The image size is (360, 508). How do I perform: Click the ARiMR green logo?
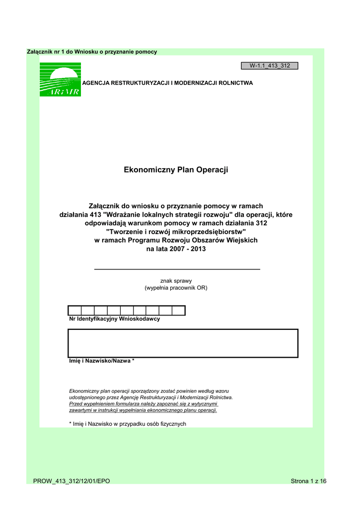coord(60,79)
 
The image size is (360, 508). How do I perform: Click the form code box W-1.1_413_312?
coord(270,65)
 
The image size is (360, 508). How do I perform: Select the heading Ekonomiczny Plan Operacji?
coord(176,170)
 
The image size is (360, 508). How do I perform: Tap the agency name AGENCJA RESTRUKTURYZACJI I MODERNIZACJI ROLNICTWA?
coord(167,83)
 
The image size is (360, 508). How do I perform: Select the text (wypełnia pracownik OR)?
coord(176,288)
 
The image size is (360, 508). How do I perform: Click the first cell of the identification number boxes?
coord(74,311)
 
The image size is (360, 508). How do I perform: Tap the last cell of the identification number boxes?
coord(179,311)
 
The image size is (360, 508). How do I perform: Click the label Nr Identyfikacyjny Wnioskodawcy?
coord(114,319)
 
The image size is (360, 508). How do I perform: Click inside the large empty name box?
coord(183,343)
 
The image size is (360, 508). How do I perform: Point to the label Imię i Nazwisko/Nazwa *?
coord(101,361)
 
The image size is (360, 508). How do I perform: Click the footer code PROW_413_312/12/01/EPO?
coord(72,481)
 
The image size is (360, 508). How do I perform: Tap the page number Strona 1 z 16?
coord(308,481)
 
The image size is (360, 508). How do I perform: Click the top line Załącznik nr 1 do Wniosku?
coord(91,52)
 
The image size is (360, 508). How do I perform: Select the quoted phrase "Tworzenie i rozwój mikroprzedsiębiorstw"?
coord(176,232)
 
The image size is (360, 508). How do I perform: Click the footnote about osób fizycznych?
coord(127,424)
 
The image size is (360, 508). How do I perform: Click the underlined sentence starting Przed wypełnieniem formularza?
coord(144,404)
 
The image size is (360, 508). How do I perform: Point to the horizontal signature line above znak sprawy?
coord(177,269)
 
